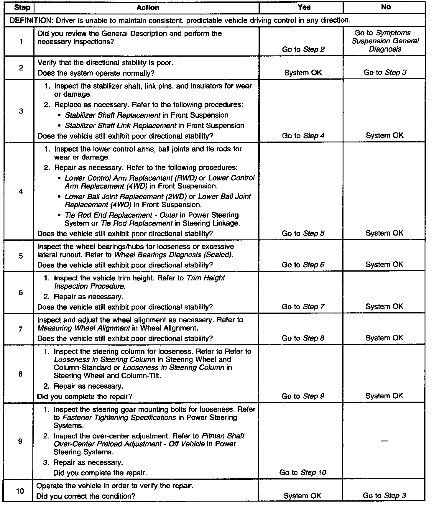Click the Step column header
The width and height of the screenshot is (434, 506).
[22, 8]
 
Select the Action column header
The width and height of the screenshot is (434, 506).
[148, 8]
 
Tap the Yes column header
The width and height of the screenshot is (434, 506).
[304, 7]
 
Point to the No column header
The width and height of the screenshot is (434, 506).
[386, 7]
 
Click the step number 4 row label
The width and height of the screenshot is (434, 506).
[21, 192]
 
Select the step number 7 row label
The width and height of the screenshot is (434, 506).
[21, 329]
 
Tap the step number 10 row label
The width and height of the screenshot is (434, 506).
[20, 491]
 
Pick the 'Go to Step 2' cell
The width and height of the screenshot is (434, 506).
[303, 49]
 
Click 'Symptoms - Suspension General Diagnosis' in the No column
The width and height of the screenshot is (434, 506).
[385, 41]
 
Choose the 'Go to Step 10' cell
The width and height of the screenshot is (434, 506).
[303, 472]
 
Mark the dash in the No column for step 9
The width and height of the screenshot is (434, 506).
[384, 441]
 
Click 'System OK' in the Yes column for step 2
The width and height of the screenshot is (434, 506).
[303, 73]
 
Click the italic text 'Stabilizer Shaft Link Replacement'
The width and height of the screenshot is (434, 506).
[121, 126]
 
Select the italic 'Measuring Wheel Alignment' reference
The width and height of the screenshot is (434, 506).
[84, 328]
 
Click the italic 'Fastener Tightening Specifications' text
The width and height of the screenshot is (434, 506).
[119, 418]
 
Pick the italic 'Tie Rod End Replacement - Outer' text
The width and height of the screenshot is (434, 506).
[121, 215]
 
